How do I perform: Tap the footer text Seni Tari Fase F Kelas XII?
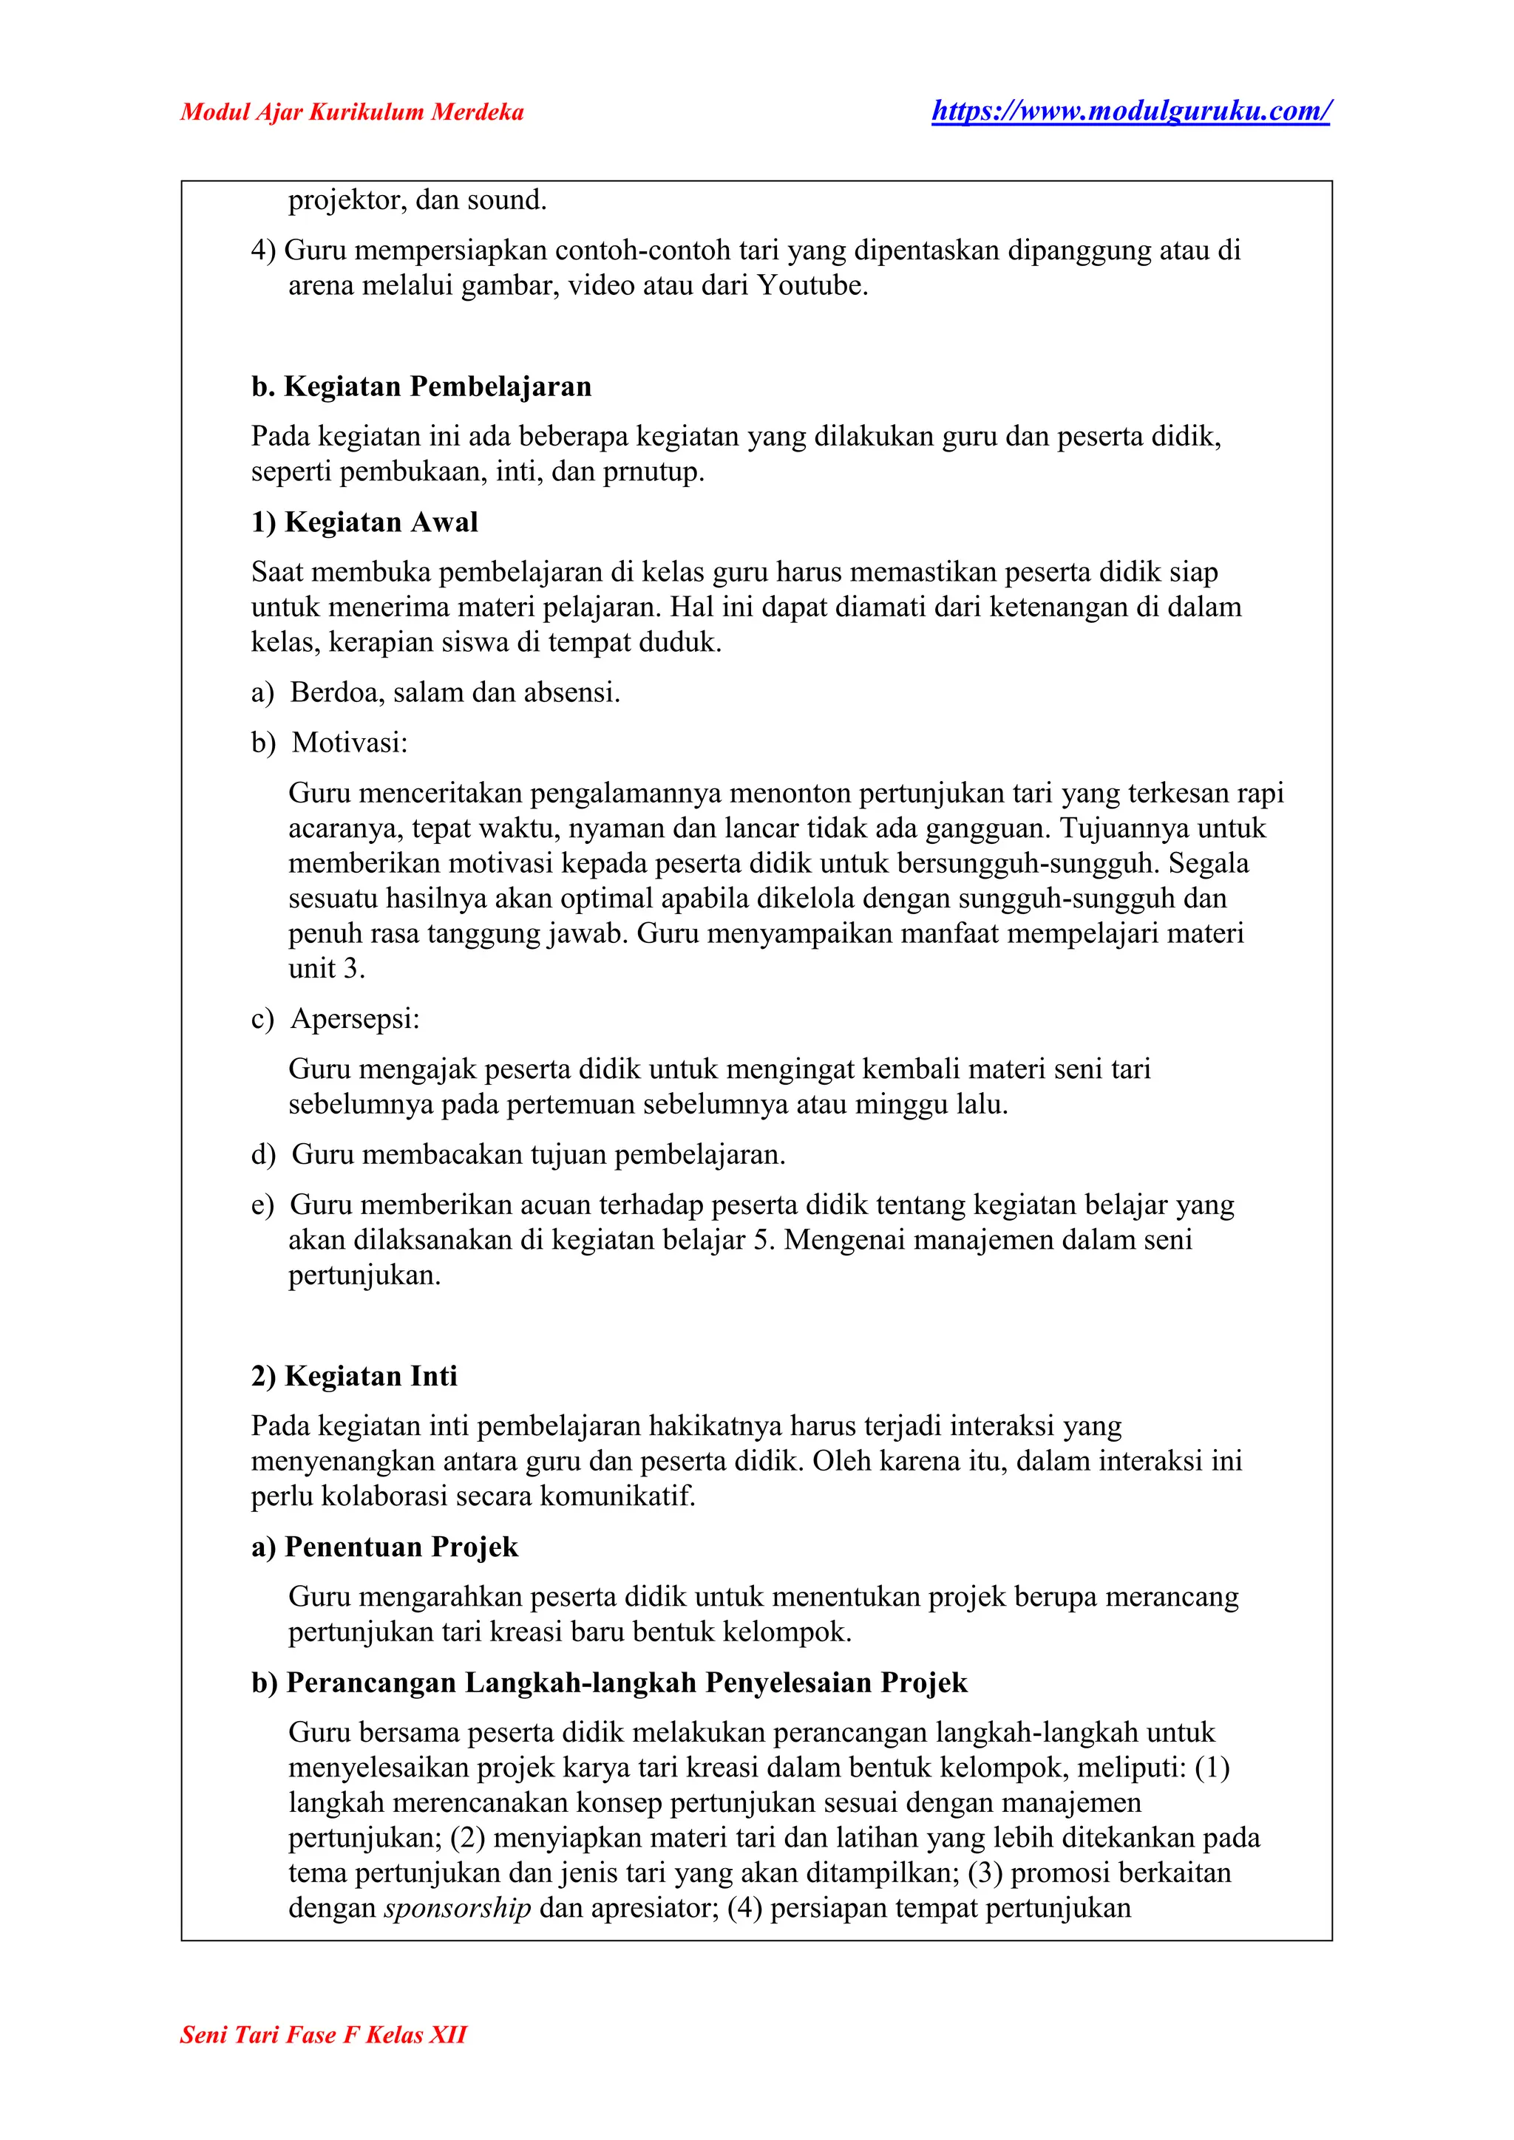pyautogui.click(x=322, y=2060)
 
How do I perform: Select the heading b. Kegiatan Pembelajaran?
pyautogui.click(x=421, y=386)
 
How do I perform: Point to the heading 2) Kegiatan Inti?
pyautogui.click(x=354, y=1376)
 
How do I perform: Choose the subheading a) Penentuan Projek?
pyautogui.click(x=384, y=1547)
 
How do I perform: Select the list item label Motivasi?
pyautogui.click(x=350, y=742)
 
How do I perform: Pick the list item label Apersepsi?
pyautogui.click(x=355, y=1019)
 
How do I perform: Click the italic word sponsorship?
pyautogui.click(x=457, y=1908)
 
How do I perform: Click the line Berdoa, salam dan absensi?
pyautogui.click(x=455, y=692)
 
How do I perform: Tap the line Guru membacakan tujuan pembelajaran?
pyautogui.click(x=539, y=1155)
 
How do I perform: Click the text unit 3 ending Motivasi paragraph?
pyautogui.click(x=325, y=969)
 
